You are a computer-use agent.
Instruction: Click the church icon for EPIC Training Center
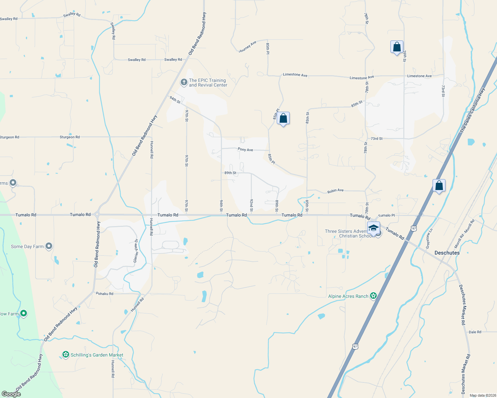pyautogui.click(x=184, y=82)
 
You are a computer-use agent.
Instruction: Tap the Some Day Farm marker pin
pyautogui.click(x=49, y=246)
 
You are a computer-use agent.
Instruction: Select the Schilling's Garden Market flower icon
pyautogui.click(x=66, y=355)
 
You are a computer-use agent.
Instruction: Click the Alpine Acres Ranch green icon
pyautogui.click(x=373, y=296)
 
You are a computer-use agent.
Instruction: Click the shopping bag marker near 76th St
pyautogui.click(x=397, y=47)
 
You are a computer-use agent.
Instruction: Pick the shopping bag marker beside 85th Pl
pyautogui.click(x=283, y=118)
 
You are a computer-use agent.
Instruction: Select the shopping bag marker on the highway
pyautogui.click(x=439, y=186)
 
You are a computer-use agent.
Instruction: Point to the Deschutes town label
pyautogui.click(x=447, y=253)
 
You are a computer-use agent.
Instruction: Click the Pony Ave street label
pyautogui.click(x=245, y=150)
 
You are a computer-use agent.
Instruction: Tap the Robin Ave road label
pyautogui.click(x=335, y=191)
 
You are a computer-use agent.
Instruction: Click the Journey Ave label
pyautogui.click(x=248, y=47)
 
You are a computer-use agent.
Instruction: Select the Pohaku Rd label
pyautogui.click(x=104, y=294)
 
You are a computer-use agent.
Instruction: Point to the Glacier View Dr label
pyautogui.click(x=136, y=251)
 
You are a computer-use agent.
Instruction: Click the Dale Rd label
pyautogui.click(x=475, y=332)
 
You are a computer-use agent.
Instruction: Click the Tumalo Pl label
pyautogui.click(x=386, y=215)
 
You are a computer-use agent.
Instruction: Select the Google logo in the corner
pyautogui.click(x=11, y=394)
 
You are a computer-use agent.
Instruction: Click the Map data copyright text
pyautogui.click(x=481, y=395)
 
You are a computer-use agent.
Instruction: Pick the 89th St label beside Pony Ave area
pyautogui.click(x=230, y=173)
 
